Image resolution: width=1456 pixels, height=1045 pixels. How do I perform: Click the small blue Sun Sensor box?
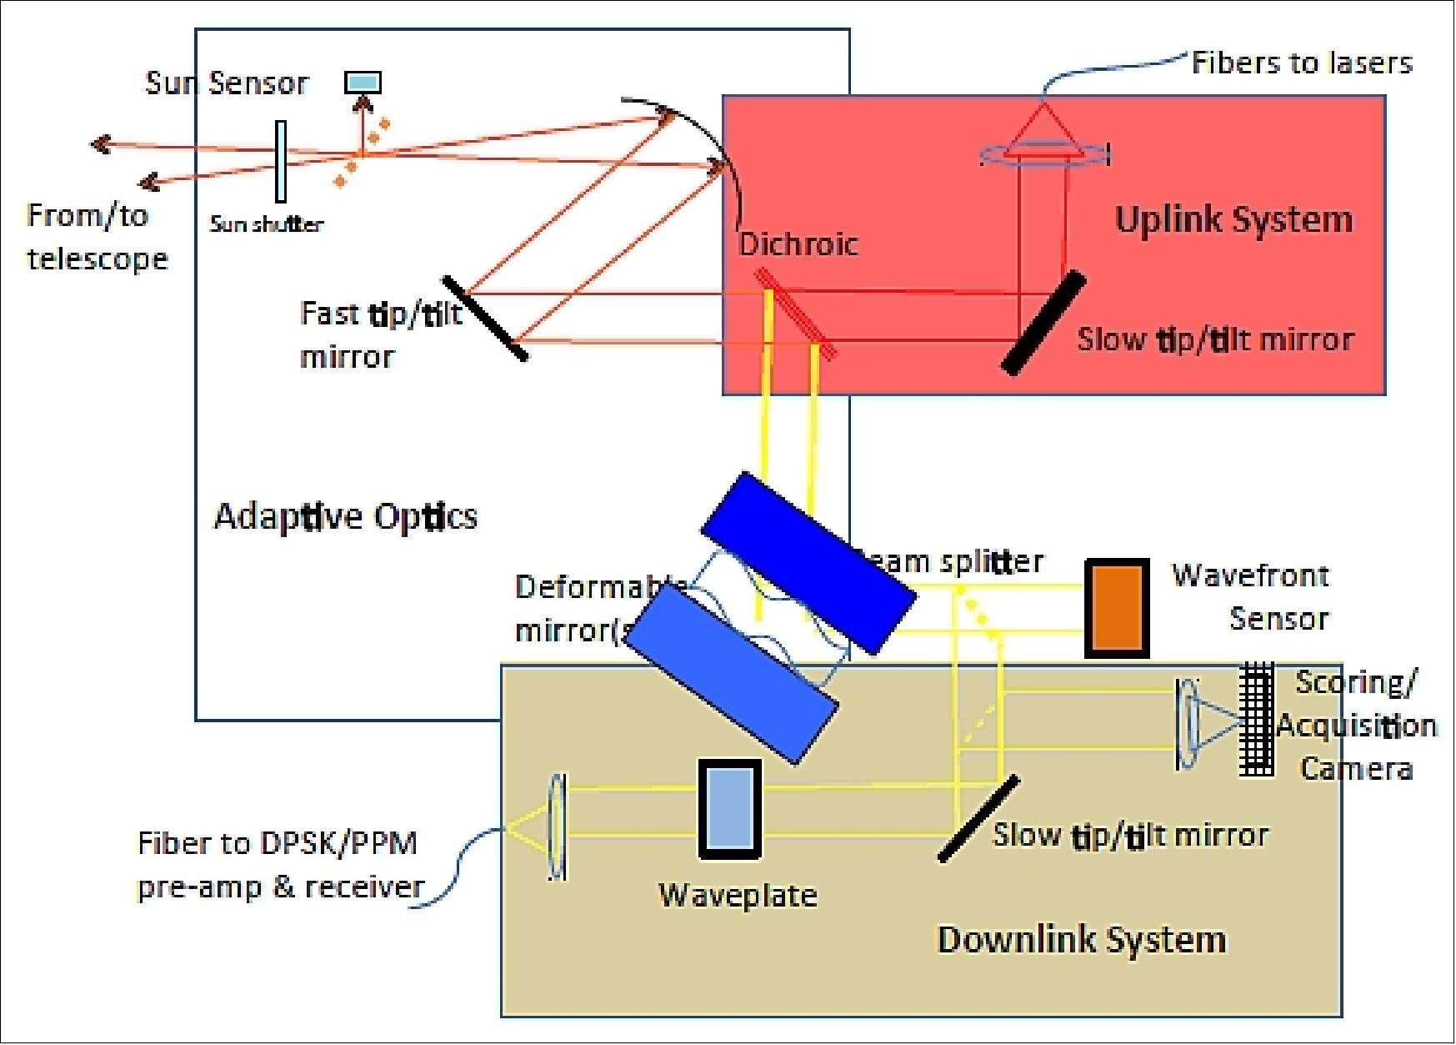pyautogui.click(x=363, y=82)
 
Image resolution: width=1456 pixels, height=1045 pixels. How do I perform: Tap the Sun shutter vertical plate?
pyautogui.click(x=281, y=162)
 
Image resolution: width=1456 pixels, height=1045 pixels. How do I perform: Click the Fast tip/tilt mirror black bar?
pyautogui.click(x=484, y=318)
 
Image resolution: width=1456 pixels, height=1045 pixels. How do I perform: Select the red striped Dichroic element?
pyautogui.click(x=794, y=314)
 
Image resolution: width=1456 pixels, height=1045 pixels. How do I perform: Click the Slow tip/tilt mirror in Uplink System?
pyautogui.click(x=1043, y=322)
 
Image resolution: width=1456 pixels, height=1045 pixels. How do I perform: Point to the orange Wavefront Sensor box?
pyautogui.click(x=1117, y=608)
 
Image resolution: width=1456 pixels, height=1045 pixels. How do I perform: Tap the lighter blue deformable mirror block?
pyautogui.click(x=732, y=672)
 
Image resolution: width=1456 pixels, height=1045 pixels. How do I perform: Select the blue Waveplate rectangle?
pyautogui.click(x=729, y=808)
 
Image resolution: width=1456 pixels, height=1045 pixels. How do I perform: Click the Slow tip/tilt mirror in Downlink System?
pyautogui.click(x=978, y=818)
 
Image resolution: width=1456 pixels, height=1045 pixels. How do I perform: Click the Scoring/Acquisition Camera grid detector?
pyautogui.click(x=1256, y=720)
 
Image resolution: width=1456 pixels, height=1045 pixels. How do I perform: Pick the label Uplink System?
pyautogui.click(x=1233, y=219)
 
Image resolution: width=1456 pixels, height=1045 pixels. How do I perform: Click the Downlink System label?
pyautogui.click(x=1082, y=939)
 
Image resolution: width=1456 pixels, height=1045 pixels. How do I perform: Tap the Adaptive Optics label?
pyautogui.click(x=345, y=516)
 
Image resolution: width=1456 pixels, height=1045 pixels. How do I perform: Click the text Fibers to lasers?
pyautogui.click(x=1301, y=63)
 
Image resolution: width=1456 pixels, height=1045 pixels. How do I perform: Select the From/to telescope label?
pyautogui.click(x=96, y=237)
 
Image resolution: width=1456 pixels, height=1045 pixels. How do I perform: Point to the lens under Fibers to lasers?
pyautogui.click(x=1043, y=153)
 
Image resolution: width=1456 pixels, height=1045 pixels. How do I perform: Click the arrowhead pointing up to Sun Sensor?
pyautogui.click(x=363, y=103)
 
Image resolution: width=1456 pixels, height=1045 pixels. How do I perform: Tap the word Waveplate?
pyautogui.click(x=738, y=895)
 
